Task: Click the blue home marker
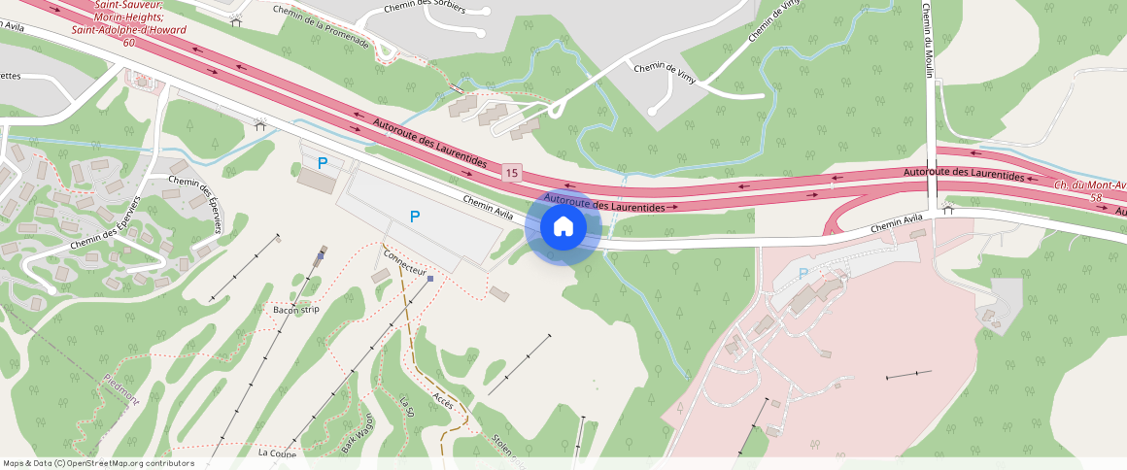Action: (563, 227)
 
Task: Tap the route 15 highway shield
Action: (512, 173)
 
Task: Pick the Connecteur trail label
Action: (405, 263)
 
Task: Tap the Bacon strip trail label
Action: (295, 310)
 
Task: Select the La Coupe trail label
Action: (277, 453)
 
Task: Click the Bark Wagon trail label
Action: (359, 431)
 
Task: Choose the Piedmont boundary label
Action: (121, 389)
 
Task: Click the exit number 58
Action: (1097, 197)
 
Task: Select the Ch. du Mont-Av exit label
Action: (1089, 185)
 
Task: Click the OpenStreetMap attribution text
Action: (98, 463)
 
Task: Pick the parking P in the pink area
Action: (803, 274)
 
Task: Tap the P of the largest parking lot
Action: (415, 217)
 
